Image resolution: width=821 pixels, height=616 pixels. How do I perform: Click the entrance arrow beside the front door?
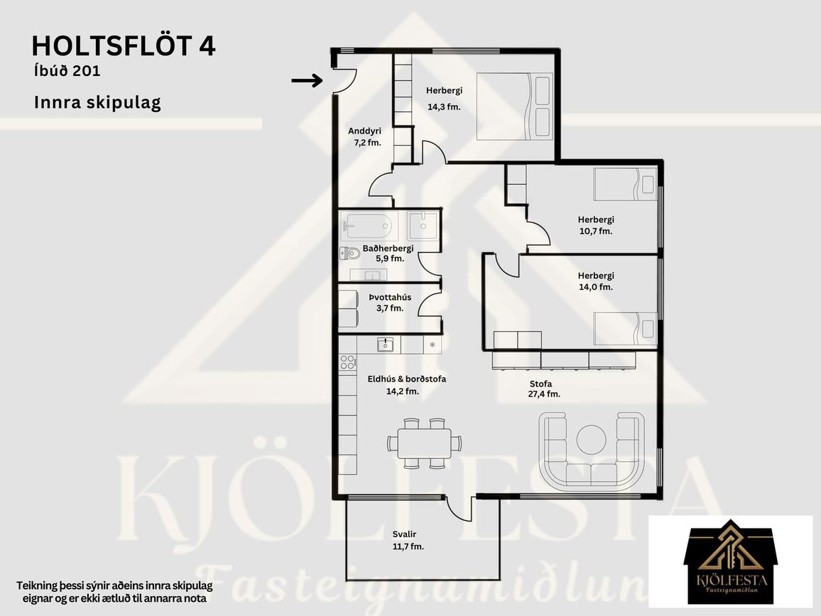tap(307, 80)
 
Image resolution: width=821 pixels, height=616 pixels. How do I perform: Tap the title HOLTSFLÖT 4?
tap(124, 46)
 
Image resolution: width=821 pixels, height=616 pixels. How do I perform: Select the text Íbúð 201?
tap(67, 71)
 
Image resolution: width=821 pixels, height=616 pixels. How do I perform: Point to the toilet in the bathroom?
tap(349, 254)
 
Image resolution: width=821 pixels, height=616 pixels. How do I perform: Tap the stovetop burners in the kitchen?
tap(347, 362)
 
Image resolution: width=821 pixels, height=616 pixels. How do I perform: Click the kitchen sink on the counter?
tap(386, 344)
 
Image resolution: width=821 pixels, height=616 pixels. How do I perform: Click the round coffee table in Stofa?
tap(592, 439)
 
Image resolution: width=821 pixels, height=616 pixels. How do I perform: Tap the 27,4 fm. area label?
tap(544, 394)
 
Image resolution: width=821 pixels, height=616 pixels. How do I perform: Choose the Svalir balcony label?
tap(405, 534)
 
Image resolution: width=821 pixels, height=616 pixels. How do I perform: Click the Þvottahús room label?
tap(390, 297)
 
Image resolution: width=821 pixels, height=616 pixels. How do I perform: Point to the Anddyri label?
tap(364, 131)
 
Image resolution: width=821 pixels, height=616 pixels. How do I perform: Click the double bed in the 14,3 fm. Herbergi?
tap(515, 107)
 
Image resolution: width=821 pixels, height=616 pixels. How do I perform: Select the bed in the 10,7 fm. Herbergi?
tap(625, 184)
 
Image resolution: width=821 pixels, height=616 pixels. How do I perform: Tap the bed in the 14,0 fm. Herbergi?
tap(625, 329)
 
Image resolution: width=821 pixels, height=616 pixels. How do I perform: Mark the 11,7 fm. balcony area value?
tap(408, 546)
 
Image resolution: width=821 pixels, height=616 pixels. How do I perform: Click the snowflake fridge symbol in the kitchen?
tap(433, 344)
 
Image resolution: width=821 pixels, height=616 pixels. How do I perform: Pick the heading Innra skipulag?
tap(97, 102)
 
